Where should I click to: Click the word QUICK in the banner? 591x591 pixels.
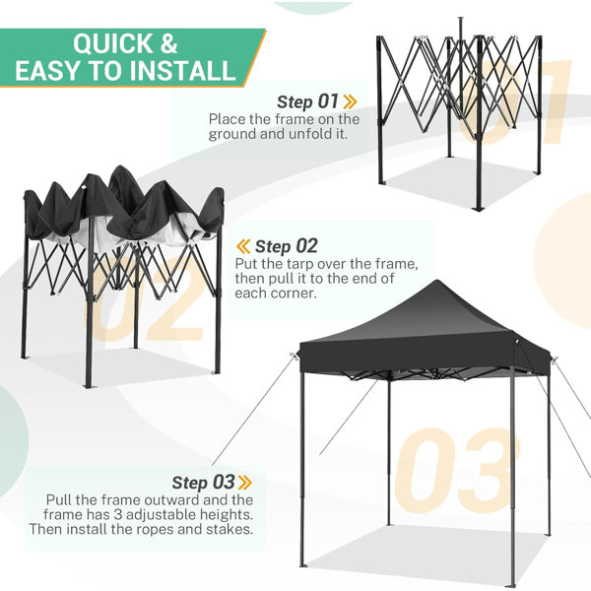(112, 43)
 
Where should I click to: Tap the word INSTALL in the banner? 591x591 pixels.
(179, 71)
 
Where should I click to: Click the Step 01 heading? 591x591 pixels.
(308, 101)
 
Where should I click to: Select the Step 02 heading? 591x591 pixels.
(287, 246)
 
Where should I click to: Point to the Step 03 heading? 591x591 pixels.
(204, 482)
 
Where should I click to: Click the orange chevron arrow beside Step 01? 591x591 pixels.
(350, 101)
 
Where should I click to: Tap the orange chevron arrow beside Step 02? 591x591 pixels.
(243, 246)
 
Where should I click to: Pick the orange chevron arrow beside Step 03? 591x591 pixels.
(245, 483)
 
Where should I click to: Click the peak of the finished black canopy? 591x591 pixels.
(436, 281)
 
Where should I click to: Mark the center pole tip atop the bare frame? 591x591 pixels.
(460, 18)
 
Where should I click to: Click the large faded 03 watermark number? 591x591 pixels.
(457, 471)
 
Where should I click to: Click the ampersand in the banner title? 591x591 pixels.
(168, 43)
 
